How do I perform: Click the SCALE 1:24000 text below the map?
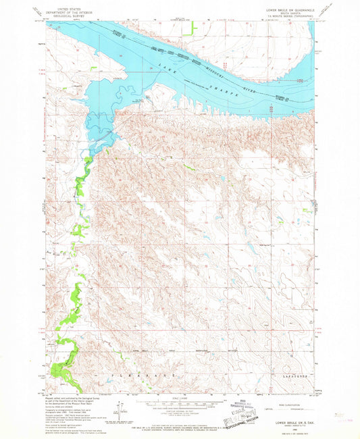(x=180, y=396)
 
